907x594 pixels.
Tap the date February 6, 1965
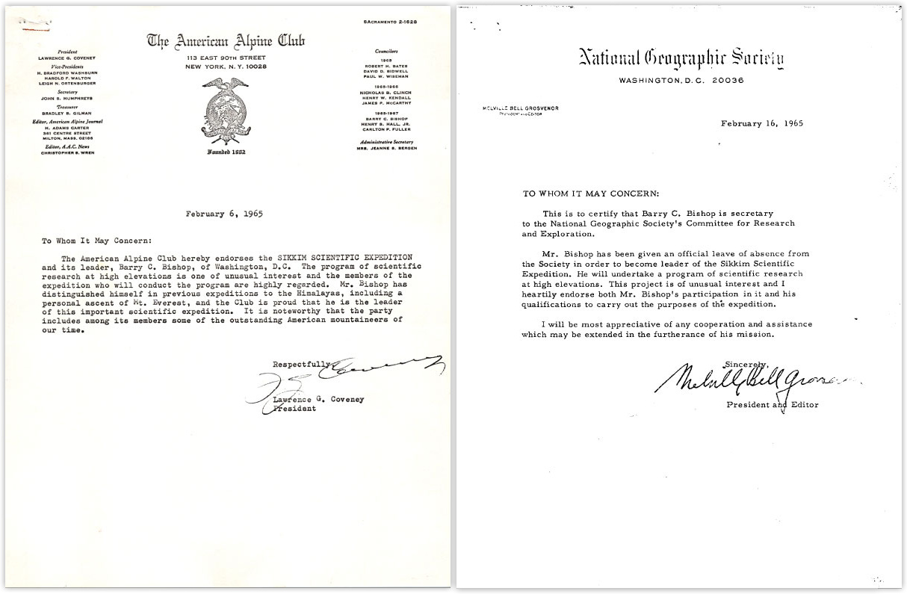tap(224, 213)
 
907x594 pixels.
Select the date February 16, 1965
tap(762, 124)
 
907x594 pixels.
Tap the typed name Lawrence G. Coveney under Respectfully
tap(318, 399)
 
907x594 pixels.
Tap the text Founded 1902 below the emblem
tap(226, 153)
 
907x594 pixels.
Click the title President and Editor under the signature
tap(773, 405)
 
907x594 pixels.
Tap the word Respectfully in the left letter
tap(300, 365)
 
